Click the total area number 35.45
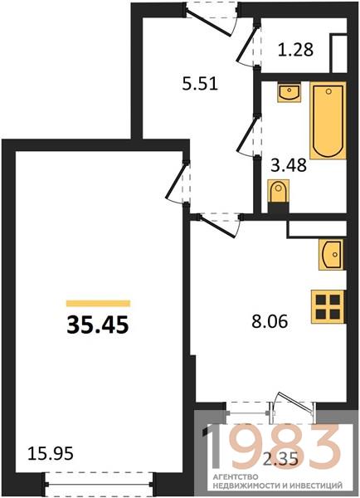[x=98, y=325]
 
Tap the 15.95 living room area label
[x=51, y=453]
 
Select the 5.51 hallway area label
[x=200, y=84]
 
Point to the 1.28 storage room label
[x=295, y=50]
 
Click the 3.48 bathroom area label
[x=289, y=165]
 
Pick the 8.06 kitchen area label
[x=270, y=321]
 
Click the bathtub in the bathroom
[x=328, y=120]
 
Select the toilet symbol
[x=279, y=192]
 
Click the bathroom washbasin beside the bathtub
[x=289, y=92]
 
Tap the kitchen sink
[x=332, y=255]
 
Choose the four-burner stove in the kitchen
[x=328, y=307]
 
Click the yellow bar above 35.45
[x=98, y=303]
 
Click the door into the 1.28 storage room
[x=249, y=45]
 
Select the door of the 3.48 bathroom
[x=249, y=136]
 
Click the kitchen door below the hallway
[x=218, y=225]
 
